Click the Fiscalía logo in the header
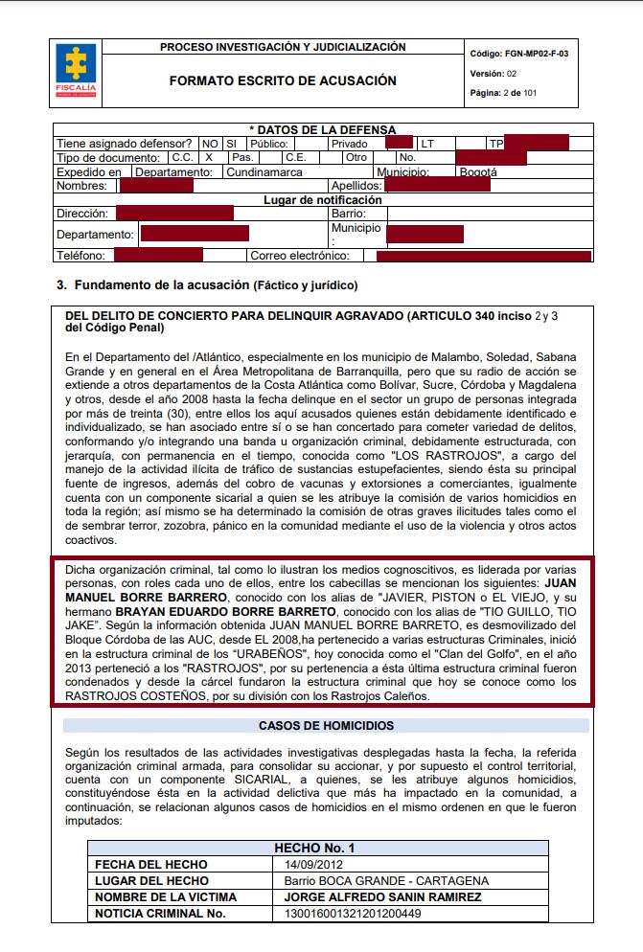tap(75, 69)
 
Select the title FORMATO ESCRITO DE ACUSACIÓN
tap(283, 81)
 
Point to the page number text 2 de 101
tap(518, 93)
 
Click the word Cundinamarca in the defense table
tap(264, 172)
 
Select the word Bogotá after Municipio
tap(478, 172)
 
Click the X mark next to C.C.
tap(208, 157)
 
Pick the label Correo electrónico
tap(300, 256)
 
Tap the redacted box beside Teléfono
tap(158, 255)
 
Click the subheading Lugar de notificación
tap(322, 200)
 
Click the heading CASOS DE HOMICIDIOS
tap(326, 726)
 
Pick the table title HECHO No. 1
tap(314, 849)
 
